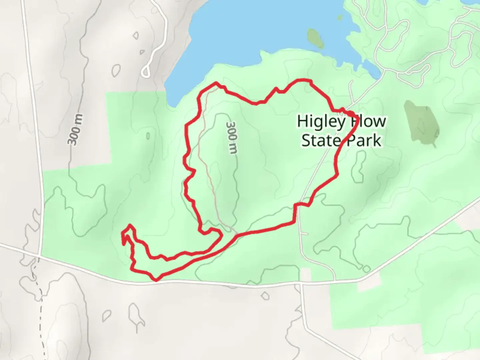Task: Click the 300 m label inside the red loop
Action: (x=232, y=137)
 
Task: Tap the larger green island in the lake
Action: (x=315, y=38)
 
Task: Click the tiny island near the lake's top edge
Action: (x=340, y=18)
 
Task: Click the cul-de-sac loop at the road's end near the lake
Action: (x=146, y=71)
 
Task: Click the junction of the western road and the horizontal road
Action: (x=40, y=256)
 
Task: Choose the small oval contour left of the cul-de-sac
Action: (x=116, y=69)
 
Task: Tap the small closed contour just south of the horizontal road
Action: (x=265, y=295)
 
